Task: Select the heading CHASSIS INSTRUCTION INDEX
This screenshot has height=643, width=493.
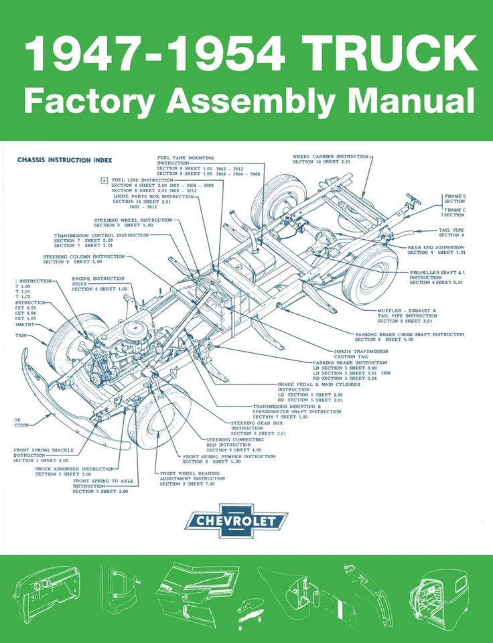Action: [x=65, y=160]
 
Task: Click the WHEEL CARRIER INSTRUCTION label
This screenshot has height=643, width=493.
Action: [x=330, y=157]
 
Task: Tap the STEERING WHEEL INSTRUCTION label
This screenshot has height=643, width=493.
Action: [x=133, y=220]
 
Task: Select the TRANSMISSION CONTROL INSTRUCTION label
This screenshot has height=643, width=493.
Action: [x=102, y=236]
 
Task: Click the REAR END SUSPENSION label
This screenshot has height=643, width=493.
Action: [x=436, y=247]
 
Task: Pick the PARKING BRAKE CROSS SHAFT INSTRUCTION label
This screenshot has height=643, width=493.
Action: [x=410, y=334]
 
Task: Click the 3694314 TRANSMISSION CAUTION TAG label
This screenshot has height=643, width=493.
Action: [x=360, y=350]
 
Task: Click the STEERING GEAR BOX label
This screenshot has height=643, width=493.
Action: [x=257, y=423]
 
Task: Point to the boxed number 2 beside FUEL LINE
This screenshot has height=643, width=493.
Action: [x=104, y=180]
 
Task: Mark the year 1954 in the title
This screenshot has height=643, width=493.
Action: [x=226, y=53]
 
